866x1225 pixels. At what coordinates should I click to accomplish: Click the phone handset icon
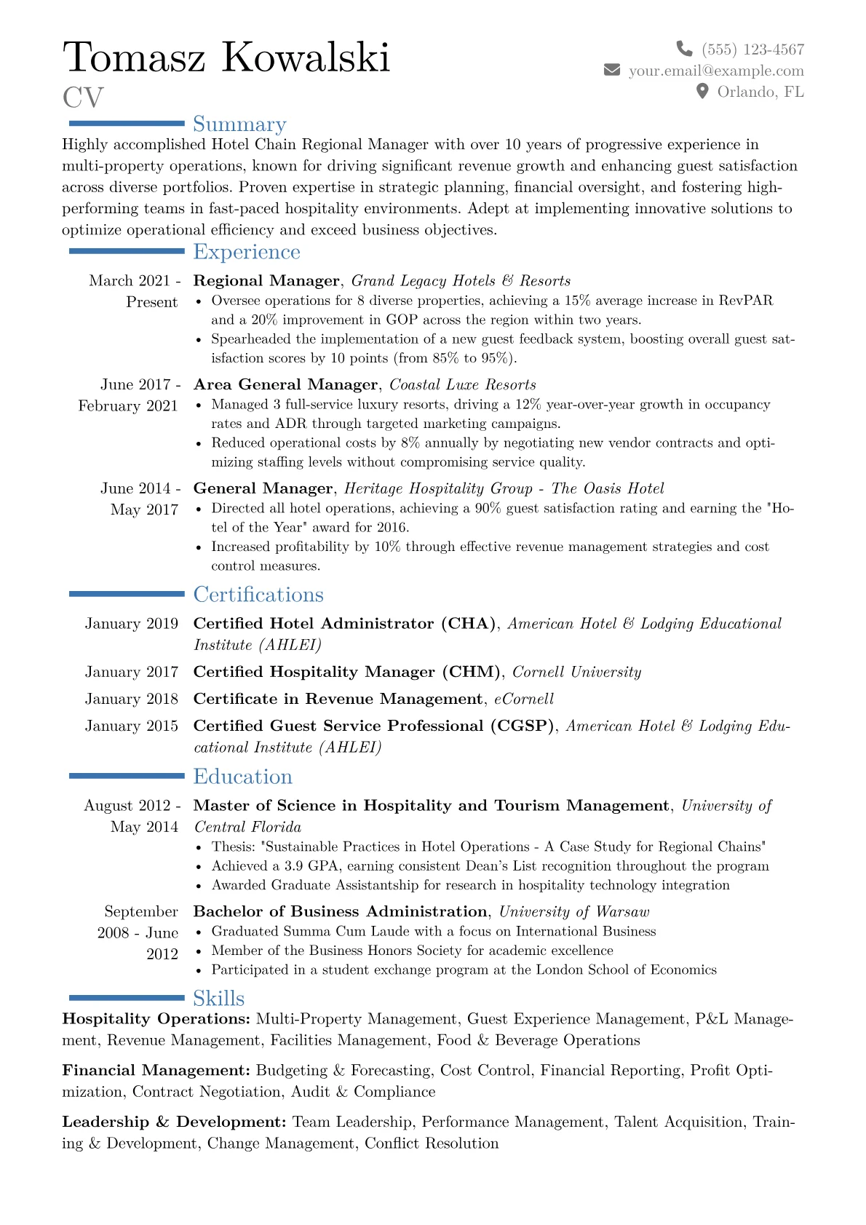point(684,49)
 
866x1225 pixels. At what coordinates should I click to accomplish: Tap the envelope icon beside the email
point(612,70)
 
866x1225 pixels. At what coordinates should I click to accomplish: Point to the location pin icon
point(702,91)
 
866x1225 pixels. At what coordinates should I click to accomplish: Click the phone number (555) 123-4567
point(752,49)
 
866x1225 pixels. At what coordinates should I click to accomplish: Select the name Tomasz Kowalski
point(226,57)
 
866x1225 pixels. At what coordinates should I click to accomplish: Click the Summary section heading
point(239,124)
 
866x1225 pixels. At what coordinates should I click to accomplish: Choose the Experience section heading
point(247,252)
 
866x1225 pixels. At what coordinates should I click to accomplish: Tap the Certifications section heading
point(258,595)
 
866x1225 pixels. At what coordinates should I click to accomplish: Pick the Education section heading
point(242,777)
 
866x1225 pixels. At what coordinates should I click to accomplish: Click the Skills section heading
point(218,998)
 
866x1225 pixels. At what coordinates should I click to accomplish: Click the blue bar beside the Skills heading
point(127,997)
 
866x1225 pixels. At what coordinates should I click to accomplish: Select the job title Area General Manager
point(285,384)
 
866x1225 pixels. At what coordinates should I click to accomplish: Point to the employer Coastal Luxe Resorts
point(463,384)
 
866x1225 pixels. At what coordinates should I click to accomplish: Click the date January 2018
point(132,699)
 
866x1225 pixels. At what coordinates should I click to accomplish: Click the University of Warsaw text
point(574,911)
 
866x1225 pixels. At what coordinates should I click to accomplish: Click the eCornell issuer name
point(524,699)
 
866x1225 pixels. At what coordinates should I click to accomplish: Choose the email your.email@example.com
point(716,71)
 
